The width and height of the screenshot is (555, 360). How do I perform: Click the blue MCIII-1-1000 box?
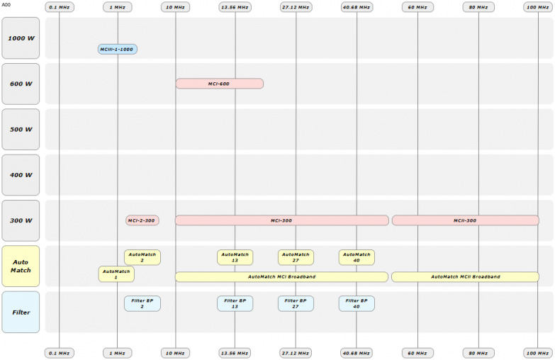point(118,50)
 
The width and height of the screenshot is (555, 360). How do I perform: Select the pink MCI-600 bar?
point(219,84)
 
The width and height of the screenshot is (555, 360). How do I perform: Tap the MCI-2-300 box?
point(142,220)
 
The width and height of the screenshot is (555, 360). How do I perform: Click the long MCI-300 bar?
point(281,220)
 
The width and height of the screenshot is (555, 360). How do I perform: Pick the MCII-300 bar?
point(465,220)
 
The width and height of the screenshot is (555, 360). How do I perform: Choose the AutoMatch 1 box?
point(116,274)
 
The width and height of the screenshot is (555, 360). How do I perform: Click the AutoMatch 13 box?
point(235,257)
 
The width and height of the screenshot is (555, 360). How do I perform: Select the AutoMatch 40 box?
point(357,257)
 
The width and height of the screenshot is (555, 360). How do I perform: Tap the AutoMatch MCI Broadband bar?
point(281,276)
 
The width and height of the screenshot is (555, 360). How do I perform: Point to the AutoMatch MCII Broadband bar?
point(465,276)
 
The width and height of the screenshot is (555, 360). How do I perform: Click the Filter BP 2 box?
point(142,303)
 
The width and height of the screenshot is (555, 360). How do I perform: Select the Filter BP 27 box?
point(296,303)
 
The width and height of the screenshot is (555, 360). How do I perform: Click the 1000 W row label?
point(21,38)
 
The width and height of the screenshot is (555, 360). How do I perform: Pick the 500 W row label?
point(21,130)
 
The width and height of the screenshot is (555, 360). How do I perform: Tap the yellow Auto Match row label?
point(21,266)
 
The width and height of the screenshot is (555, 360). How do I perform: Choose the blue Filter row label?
point(21,312)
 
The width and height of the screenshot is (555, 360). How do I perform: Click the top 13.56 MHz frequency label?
point(235,7)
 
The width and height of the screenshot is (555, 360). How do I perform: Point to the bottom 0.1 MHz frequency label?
point(59,352)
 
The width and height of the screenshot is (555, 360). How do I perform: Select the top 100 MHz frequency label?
point(537,7)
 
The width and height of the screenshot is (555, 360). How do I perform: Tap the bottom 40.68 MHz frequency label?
point(357,352)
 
